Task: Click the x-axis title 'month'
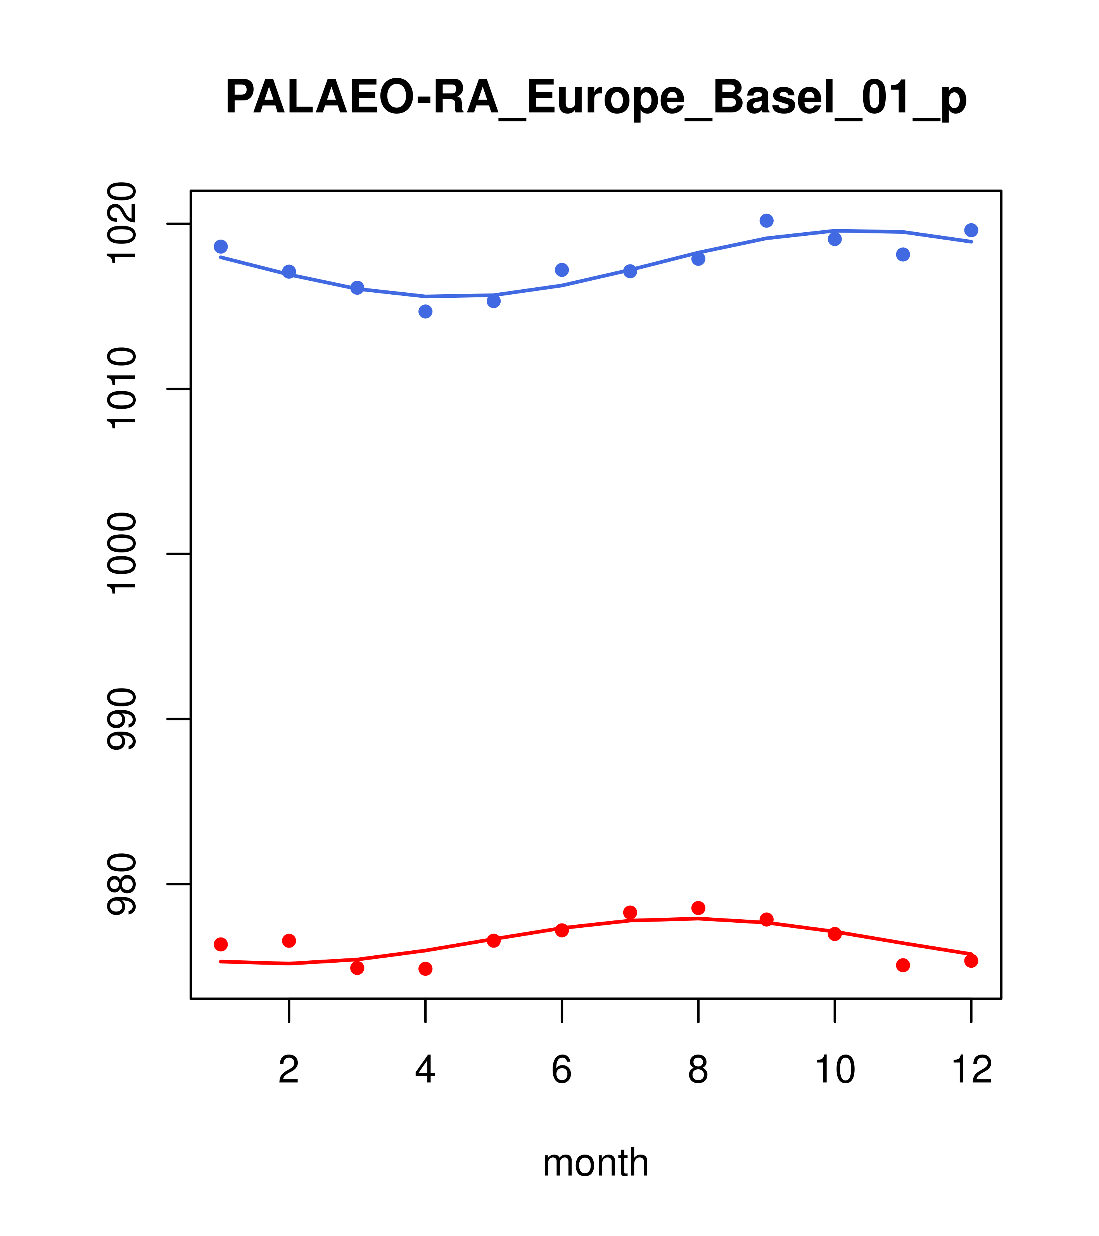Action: tap(595, 1163)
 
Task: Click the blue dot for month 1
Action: tap(221, 247)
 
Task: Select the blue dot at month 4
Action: tap(425, 311)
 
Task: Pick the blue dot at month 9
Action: tap(766, 221)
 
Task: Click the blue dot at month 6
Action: tap(562, 270)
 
